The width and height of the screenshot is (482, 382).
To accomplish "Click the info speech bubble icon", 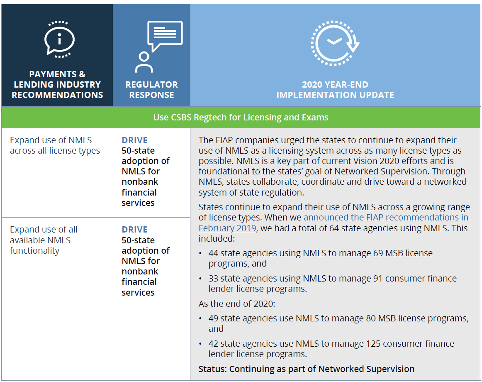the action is (x=59, y=39).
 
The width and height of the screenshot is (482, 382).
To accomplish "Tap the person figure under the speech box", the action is (x=144, y=62).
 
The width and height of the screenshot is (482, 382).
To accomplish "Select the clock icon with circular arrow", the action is (x=335, y=43).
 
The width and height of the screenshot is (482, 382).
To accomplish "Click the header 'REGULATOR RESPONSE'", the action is (x=151, y=90).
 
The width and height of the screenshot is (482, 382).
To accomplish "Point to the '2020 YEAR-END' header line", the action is (x=335, y=84).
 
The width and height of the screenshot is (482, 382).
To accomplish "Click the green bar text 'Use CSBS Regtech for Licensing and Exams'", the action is (x=241, y=117).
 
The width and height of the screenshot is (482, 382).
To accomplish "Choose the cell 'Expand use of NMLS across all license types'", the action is (x=55, y=145).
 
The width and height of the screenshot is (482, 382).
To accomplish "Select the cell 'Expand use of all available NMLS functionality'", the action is (x=43, y=240).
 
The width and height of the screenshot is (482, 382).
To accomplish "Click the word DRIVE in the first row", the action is (x=135, y=140).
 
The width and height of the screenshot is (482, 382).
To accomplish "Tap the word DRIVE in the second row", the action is (x=135, y=230).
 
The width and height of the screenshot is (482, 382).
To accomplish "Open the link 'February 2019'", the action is (x=227, y=228).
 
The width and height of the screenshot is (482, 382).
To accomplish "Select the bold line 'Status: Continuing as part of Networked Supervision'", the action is (x=307, y=369).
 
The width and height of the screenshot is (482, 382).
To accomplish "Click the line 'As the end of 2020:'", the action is (x=237, y=304).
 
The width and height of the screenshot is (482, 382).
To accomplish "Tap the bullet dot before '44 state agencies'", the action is (x=200, y=254).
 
